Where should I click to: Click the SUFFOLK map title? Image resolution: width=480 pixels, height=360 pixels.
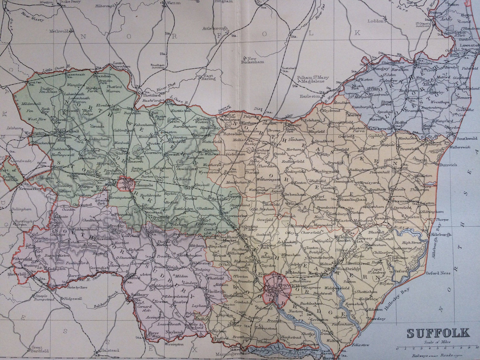pos(438,333)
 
